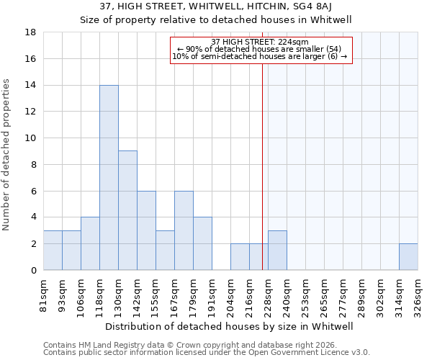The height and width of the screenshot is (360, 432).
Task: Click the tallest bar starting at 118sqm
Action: (109, 178)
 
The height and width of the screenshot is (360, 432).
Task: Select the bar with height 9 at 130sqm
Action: (127, 210)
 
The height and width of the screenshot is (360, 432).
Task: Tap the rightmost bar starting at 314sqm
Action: (408, 257)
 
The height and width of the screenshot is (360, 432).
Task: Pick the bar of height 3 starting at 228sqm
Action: (277, 251)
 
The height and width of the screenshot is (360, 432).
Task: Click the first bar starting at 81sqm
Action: (53, 251)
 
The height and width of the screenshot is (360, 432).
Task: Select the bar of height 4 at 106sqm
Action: (90, 243)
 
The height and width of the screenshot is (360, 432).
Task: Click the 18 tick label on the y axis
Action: (31, 32)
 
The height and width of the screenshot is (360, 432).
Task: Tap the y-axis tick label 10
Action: (31, 138)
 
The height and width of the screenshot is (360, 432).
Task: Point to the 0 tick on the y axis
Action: (34, 271)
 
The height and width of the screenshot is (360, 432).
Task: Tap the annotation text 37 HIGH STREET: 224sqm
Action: (261, 42)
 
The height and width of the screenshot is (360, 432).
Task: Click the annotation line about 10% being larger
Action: (261, 57)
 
